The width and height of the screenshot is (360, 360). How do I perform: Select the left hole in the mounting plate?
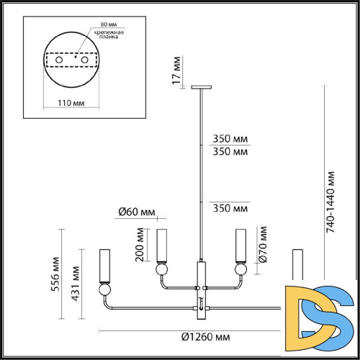click(60, 62)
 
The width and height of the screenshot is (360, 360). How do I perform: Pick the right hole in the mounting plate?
click(84, 62)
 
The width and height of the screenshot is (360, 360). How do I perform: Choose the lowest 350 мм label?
click(231, 208)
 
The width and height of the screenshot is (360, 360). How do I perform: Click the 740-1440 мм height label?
click(330, 202)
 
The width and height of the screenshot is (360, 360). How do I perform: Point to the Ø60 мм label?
click(136, 212)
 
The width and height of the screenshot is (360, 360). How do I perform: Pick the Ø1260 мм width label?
click(205, 337)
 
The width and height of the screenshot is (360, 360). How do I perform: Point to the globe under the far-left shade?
click(104, 291)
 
